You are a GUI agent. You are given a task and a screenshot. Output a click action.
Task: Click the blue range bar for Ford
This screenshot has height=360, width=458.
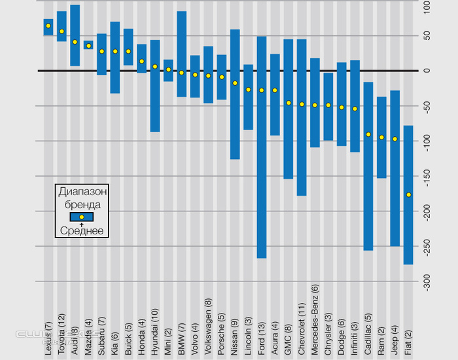(262, 147)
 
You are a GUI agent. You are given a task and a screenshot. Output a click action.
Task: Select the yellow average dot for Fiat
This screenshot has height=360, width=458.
(408, 194)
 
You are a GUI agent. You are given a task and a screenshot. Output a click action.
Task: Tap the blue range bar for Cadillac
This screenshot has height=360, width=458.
(368, 166)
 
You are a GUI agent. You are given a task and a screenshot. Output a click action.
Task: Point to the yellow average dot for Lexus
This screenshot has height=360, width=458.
(48, 26)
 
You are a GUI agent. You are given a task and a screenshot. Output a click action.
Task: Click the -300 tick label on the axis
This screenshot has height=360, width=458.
(426, 282)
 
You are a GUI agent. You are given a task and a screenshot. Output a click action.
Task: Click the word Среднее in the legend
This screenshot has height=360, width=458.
(82, 230)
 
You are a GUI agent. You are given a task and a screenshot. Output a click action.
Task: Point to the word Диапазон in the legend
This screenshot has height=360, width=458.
(82, 192)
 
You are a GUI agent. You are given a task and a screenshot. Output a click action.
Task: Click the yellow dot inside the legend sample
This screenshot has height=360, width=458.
(82, 217)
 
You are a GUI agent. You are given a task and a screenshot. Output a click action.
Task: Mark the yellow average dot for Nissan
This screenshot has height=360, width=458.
(235, 83)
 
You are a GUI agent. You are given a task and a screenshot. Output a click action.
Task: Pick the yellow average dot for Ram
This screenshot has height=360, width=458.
(381, 137)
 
